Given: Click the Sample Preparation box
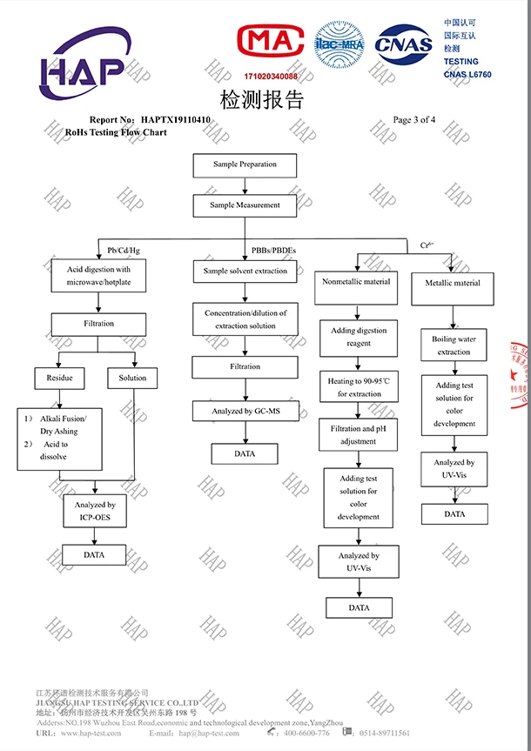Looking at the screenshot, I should [245, 164].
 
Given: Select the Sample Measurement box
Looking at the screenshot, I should [245, 205].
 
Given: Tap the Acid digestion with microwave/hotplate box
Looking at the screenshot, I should [98, 277].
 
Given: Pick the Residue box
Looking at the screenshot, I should [59, 378].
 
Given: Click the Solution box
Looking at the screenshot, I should [132, 378].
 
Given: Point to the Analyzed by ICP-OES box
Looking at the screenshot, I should [95, 512].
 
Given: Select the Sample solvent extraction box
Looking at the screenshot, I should [245, 272].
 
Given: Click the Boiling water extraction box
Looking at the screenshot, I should [454, 345].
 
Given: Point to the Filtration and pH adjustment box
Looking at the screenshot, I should [358, 435].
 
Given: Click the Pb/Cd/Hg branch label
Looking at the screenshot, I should [123, 251].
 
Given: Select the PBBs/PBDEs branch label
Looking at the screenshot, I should [273, 251].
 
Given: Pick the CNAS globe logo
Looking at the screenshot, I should [403, 44].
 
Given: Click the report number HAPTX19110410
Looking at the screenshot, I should [176, 119].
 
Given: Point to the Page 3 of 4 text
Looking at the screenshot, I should [414, 120].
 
